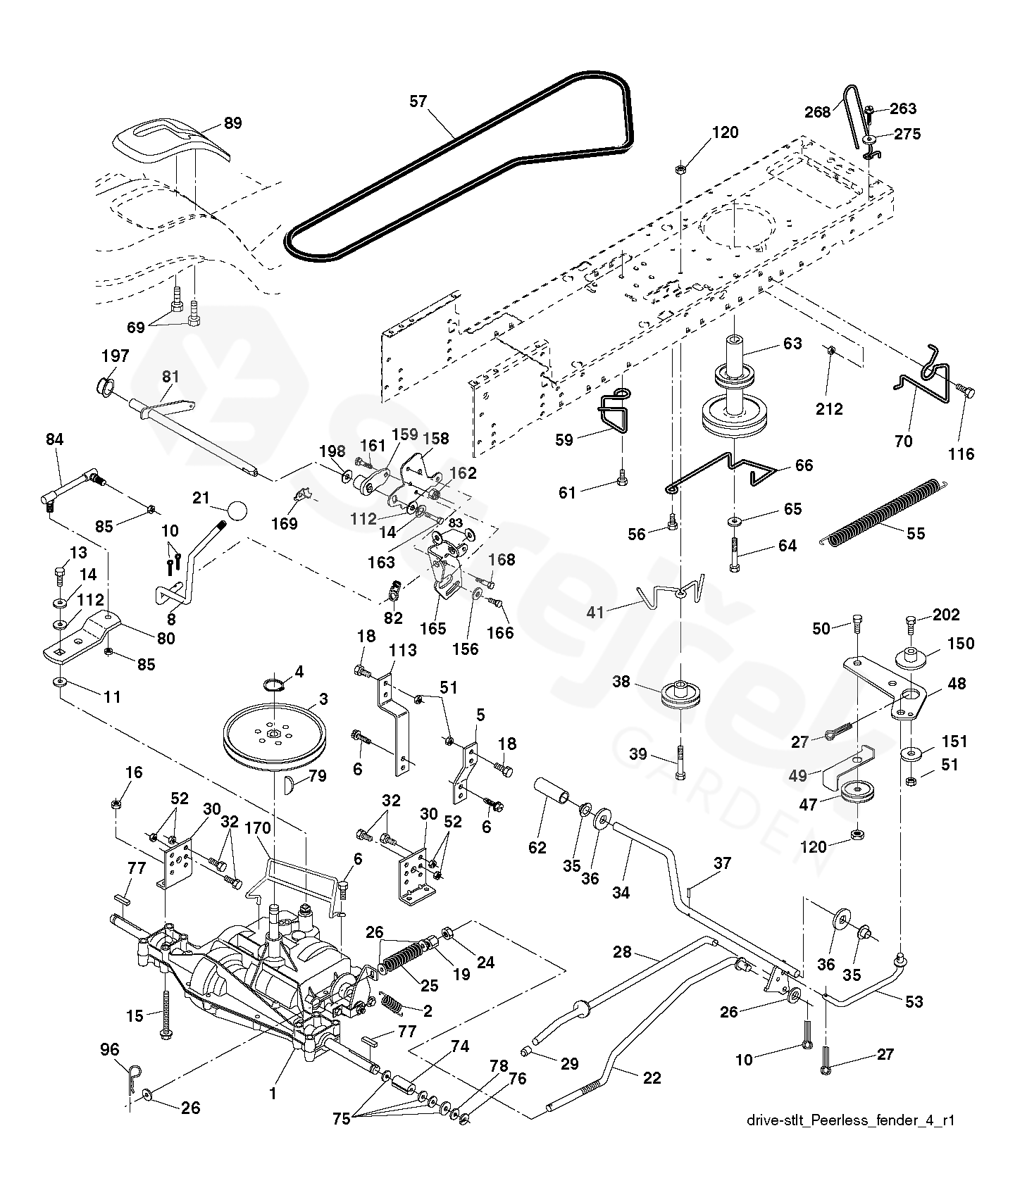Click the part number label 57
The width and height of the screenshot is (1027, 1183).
point(418,101)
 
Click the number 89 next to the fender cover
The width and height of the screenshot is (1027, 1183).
point(232,123)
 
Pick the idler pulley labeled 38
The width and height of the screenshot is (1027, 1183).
point(680,696)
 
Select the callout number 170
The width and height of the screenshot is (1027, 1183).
point(258,829)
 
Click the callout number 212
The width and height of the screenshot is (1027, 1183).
point(829,409)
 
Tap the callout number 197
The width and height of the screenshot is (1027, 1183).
point(115,356)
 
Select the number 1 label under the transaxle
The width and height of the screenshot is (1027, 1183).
point(273,1094)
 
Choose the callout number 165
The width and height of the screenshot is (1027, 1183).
point(433,629)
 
